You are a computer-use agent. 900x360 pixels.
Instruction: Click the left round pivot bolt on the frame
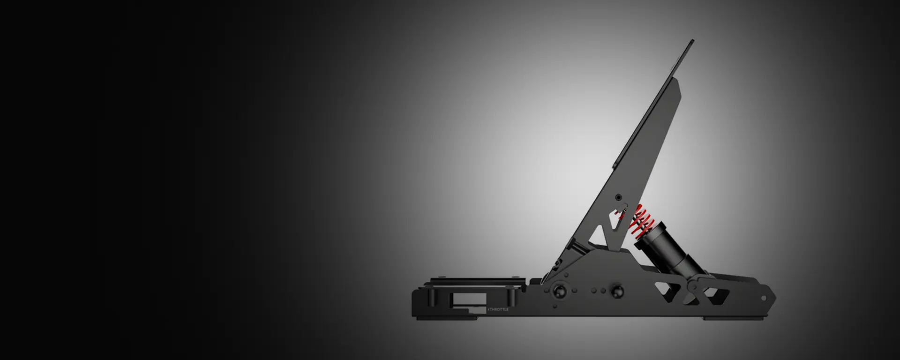click(559, 291)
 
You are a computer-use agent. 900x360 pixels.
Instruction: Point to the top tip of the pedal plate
click(693, 41)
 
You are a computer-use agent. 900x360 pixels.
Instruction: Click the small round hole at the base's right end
click(763, 298)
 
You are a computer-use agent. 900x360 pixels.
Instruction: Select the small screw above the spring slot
click(618, 197)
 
